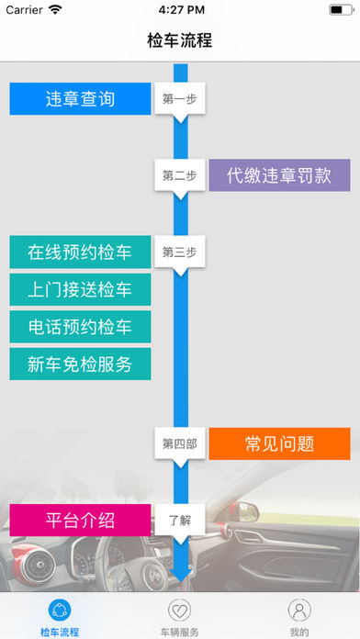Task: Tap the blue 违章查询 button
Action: click(80, 99)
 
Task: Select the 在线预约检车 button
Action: click(80, 252)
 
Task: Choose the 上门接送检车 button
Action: click(80, 289)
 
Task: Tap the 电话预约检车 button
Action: click(80, 327)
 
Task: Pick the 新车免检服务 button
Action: click(80, 364)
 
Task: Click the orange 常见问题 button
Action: click(279, 443)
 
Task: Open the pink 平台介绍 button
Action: click(80, 520)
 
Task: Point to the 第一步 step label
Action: click(178, 99)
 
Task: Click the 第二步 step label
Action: click(178, 175)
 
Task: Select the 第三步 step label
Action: click(178, 252)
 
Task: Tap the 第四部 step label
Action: click(178, 443)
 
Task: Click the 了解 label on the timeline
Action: click(178, 520)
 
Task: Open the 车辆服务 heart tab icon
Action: click(180, 611)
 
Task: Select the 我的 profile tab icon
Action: click(299, 611)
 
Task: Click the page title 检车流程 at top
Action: click(180, 40)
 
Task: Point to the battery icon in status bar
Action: click(340, 9)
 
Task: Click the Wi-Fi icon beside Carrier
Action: click(56, 9)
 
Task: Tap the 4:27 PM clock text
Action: click(180, 9)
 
